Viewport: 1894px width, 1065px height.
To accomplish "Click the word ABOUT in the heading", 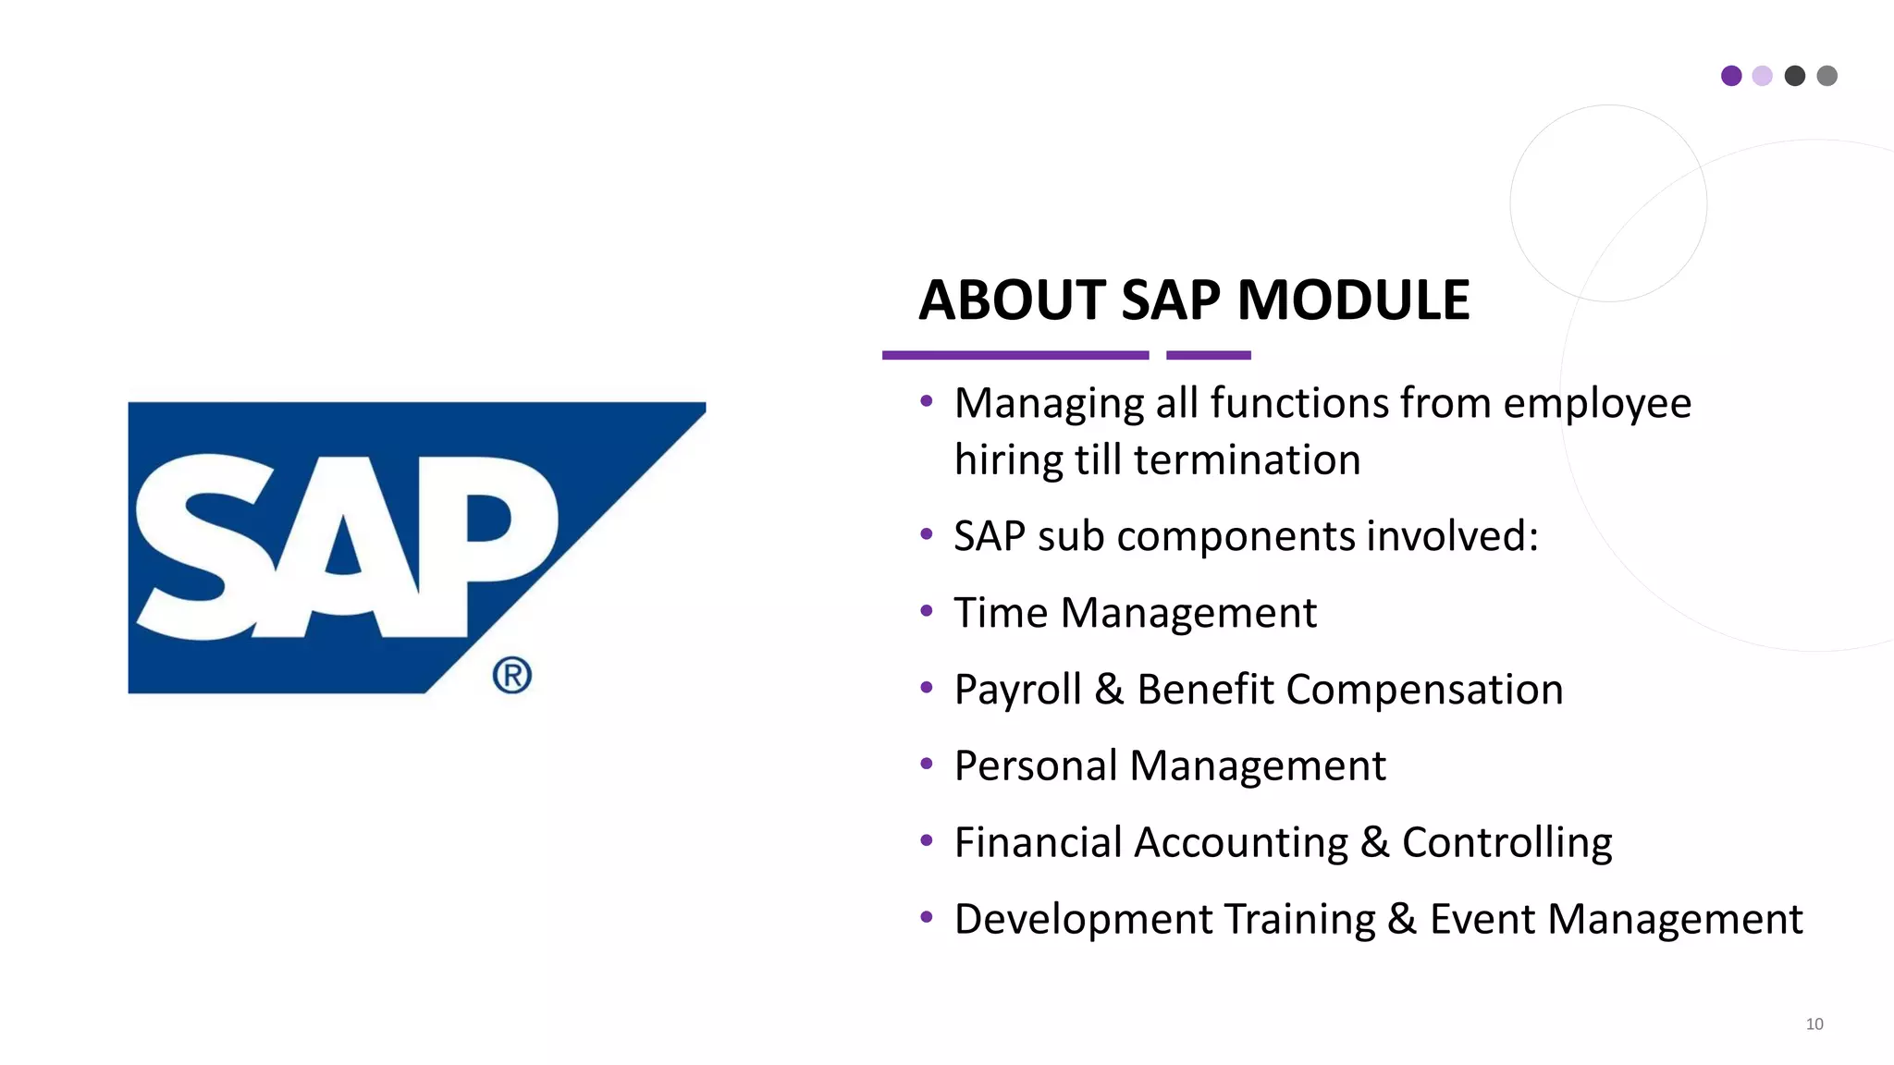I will click(x=1012, y=300).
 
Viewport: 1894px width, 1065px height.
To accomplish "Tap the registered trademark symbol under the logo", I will click(x=511, y=675).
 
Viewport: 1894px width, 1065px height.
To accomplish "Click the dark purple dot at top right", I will click(x=1731, y=76).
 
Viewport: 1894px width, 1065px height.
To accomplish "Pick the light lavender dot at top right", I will click(x=1763, y=76).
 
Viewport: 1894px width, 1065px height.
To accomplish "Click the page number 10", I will click(x=1814, y=1023).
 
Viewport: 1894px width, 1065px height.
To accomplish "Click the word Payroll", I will click(x=1017, y=691).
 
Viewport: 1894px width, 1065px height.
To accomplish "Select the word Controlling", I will click(x=1507, y=843).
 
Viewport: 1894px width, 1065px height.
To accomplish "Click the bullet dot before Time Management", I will click(x=927, y=610).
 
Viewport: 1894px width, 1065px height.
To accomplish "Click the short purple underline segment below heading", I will click(x=1208, y=355).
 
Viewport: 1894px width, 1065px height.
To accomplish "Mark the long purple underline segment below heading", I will click(x=1015, y=355).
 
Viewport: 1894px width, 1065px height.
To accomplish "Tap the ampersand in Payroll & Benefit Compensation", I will click(x=1109, y=690).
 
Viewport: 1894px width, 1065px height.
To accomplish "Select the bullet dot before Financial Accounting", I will click(x=927, y=839).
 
